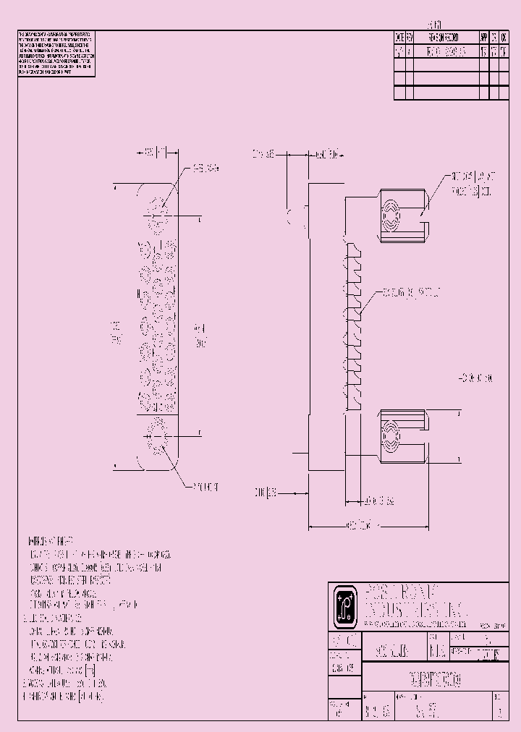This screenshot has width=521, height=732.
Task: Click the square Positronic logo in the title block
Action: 342,605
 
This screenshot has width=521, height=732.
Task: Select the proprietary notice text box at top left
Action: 55,54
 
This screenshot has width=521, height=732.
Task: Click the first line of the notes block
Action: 50,541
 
